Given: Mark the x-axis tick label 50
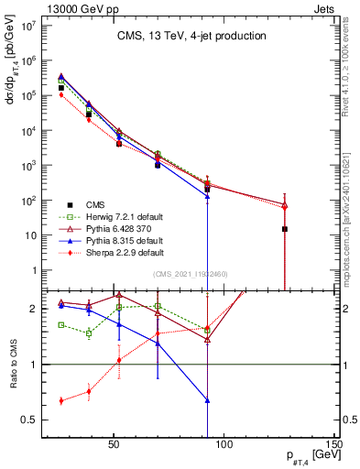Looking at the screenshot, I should [x=114, y=445].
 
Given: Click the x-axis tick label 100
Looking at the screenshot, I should [x=225, y=445].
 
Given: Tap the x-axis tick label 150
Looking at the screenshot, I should [x=337, y=445].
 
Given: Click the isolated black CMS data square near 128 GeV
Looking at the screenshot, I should [x=285, y=229].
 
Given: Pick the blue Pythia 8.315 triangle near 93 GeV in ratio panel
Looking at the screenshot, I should [x=208, y=400].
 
